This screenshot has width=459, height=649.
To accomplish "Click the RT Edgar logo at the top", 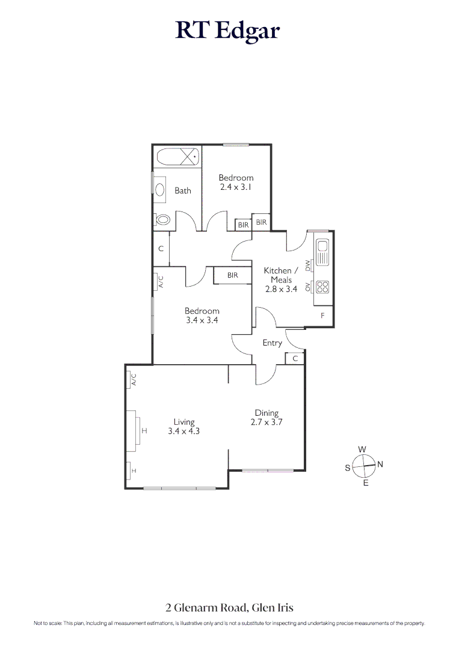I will tap(228, 30).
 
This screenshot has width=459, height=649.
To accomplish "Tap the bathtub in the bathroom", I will tap(177, 158).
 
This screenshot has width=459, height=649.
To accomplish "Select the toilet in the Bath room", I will tap(162, 220).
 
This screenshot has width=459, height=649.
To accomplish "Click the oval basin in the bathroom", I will tap(160, 190).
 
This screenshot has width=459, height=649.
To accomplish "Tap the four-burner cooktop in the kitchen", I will tap(322, 287).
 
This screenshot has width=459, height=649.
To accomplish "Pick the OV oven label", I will tap(308, 287).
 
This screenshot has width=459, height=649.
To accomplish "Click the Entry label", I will tap(273, 343).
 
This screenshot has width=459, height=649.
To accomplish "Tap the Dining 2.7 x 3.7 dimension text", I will tap(266, 422).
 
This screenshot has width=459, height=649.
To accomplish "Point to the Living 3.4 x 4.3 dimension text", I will tap(183, 431).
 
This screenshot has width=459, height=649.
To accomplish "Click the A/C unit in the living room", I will tap(134, 380).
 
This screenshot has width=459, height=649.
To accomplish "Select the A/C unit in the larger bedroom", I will tap(160, 281).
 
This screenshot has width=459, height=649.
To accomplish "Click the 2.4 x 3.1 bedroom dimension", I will tap(236, 187).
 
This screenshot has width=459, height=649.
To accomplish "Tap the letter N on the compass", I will tap(380, 464).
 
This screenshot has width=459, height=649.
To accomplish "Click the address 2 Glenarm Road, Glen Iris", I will tap(229, 608).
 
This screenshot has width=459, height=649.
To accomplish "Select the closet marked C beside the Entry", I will tap(295, 359).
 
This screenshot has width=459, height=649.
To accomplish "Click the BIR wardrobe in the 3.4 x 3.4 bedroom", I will tap(233, 275).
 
